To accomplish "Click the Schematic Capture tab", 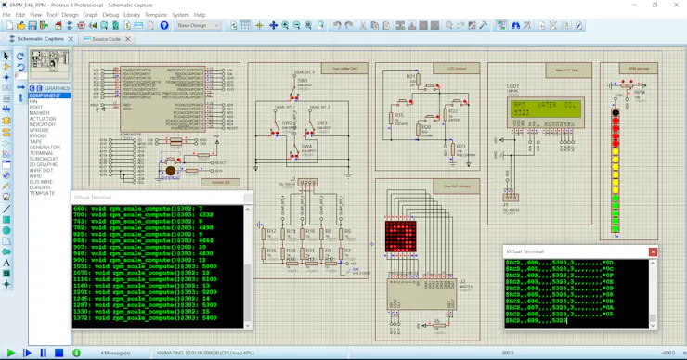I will click(40, 39).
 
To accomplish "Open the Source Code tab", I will click(106, 39).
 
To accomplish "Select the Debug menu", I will click(110, 15).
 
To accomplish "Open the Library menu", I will click(132, 15).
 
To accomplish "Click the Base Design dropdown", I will click(198, 26).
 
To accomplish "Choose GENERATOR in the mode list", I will click(45, 148).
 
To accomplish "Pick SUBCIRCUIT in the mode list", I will click(44, 159).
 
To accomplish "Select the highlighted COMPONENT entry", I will click(45, 96).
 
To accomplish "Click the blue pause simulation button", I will click(43, 353).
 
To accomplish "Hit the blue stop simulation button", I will click(58, 353).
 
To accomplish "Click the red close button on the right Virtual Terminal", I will click(653, 251).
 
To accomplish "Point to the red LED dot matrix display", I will click(400, 236).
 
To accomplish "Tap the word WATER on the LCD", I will click(548, 105).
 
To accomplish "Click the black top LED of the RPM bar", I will click(615, 113).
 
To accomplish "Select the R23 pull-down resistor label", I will click(461, 147).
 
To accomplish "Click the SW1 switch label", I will click(302, 81).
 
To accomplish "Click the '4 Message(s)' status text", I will click(115, 353).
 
